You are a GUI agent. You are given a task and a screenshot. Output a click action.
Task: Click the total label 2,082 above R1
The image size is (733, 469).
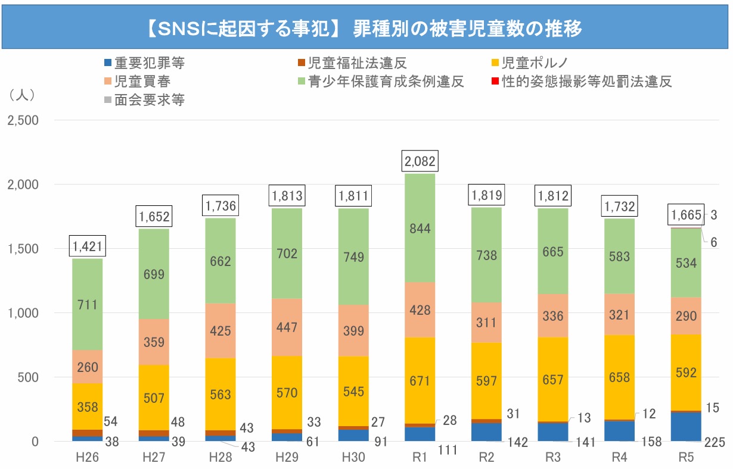coord(420,161)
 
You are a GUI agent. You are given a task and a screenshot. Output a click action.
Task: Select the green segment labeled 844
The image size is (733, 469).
coord(420,228)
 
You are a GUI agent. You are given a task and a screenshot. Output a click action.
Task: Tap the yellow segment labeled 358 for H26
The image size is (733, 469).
coord(87,407)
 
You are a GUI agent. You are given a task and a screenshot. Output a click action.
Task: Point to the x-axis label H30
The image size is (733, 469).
coord(353,459)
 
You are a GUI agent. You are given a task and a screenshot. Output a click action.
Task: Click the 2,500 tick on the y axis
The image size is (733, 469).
coord(23,121)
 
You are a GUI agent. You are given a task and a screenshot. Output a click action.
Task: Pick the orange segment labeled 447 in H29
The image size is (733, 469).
coord(287,327)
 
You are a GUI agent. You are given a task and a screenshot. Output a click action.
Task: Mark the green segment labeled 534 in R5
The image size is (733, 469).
coord(685,262)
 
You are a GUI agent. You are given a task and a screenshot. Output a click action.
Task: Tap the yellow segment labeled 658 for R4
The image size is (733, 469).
coord(620,377)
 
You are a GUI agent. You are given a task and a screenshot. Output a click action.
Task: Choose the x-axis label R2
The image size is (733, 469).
coord(487,459)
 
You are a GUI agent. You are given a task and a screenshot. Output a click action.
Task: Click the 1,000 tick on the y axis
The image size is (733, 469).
coord(23,313)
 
